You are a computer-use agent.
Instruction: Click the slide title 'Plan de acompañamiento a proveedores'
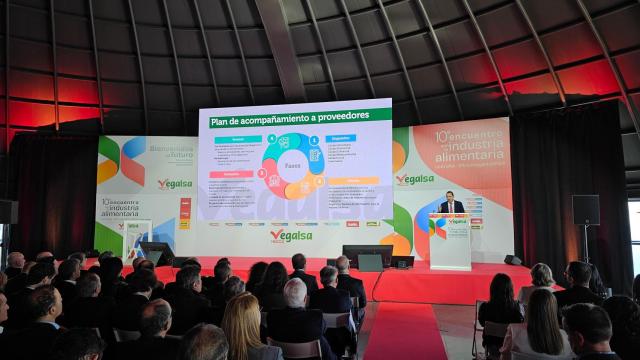click(x=289, y=117)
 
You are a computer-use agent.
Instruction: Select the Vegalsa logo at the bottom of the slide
click(x=291, y=234)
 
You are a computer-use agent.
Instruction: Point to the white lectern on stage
click(x=450, y=241)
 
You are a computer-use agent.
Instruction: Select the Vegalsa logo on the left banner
click(x=175, y=184)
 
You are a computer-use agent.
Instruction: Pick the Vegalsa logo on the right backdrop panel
click(x=415, y=180)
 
